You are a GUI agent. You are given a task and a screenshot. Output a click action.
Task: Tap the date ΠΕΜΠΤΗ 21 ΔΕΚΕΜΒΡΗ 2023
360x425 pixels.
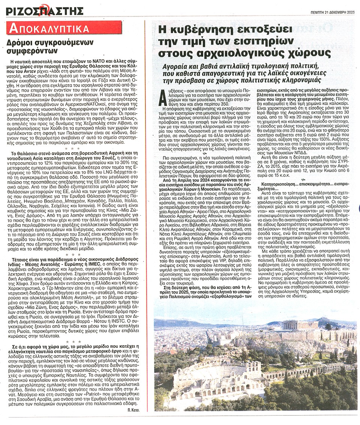coord(332,12)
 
